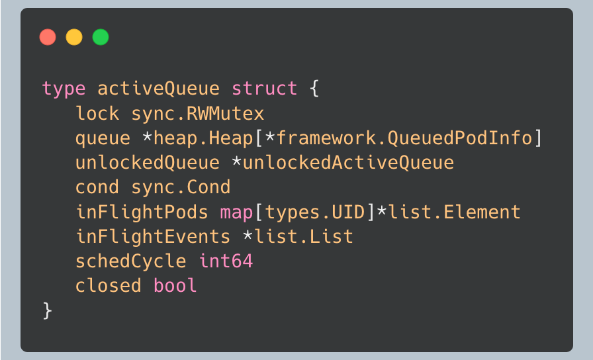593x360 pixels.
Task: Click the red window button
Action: tap(48, 37)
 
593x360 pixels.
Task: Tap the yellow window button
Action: tap(74, 37)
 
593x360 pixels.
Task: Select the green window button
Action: tap(101, 37)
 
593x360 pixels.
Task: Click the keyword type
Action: tap(64, 89)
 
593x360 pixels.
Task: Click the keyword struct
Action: tap(264, 89)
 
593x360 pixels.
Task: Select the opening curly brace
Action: tap(314, 89)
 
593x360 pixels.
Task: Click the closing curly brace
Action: tap(47, 310)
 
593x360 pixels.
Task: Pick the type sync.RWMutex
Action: tap(198, 113)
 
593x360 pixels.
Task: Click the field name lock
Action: tap(97, 113)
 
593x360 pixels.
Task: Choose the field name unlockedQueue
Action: tap(147, 163)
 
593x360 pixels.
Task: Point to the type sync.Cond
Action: tap(181, 187)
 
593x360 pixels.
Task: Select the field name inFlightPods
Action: tap(142, 212)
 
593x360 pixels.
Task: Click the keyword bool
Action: tap(175, 286)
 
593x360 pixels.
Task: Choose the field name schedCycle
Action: tap(130, 261)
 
